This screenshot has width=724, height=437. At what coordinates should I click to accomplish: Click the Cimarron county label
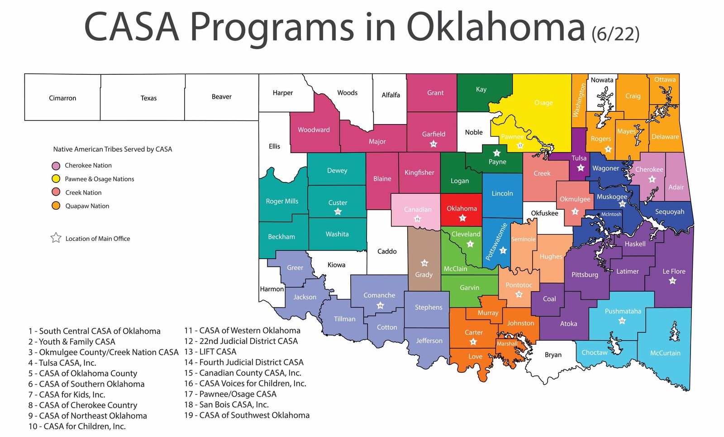pyautogui.click(x=62, y=98)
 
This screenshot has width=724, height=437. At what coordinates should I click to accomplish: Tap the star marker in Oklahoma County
pyautogui.click(x=462, y=218)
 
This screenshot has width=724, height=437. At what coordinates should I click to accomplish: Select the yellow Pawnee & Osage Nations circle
pyautogui.click(x=56, y=179)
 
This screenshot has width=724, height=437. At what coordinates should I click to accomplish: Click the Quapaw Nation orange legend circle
pyautogui.click(x=56, y=206)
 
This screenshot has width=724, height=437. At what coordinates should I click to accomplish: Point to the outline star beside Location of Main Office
pyautogui.click(x=56, y=238)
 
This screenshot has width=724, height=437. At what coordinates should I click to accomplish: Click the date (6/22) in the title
pyautogui.click(x=615, y=34)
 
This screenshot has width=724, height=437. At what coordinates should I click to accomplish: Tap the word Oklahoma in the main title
pyautogui.click(x=496, y=27)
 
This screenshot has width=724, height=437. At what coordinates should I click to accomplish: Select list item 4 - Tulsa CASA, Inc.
pyautogui.click(x=62, y=363)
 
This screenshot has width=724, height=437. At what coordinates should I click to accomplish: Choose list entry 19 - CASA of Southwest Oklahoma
pyautogui.click(x=247, y=415)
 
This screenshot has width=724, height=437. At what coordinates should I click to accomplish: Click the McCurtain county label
pyautogui.click(x=665, y=353)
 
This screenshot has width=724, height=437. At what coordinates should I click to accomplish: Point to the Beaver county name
pyautogui.click(x=221, y=97)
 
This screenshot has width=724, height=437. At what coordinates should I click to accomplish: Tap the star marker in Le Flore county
pyautogui.click(x=672, y=281)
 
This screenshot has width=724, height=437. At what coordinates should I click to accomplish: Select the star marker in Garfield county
pyautogui.click(x=433, y=144)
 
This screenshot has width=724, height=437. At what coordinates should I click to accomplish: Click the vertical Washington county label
pyautogui.click(x=579, y=101)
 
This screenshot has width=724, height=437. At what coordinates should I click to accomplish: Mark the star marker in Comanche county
pyautogui.click(x=380, y=306)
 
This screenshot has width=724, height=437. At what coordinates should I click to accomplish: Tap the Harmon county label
pyautogui.click(x=271, y=289)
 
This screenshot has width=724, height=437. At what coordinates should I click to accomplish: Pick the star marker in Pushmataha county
pyautogui.click(x=622, y=321)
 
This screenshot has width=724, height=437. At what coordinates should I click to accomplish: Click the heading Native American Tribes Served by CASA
pyautogui.click(x=113, y=149)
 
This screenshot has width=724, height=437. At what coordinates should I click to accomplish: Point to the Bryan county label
pyautogui.click(x=553, y=355)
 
